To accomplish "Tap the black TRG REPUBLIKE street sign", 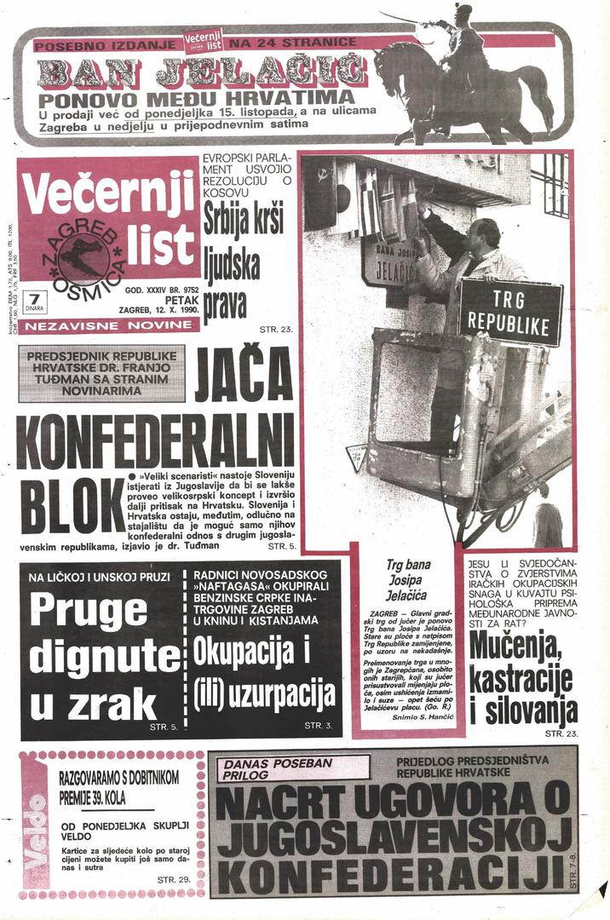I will [511, 311].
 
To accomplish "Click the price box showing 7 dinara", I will [35, 301].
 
